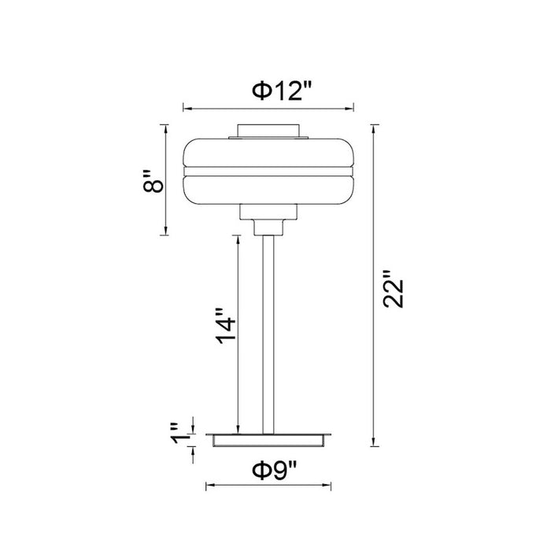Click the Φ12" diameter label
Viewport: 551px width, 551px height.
click(x=282, y=92)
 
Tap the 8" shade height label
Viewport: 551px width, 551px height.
click(x=153, y=181)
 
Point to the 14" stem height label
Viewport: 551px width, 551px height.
click(x=225, y=327)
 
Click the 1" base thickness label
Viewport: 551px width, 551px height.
click(x=179, y=434)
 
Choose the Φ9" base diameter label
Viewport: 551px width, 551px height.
click(x=275, y=471)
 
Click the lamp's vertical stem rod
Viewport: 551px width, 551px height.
click(x=268, y=335)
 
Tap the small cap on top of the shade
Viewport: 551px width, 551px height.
click(x=268, y=131)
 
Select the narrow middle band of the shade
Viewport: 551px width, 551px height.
click(x=268, y=172)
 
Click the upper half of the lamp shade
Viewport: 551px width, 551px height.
click(x=268, y=153)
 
